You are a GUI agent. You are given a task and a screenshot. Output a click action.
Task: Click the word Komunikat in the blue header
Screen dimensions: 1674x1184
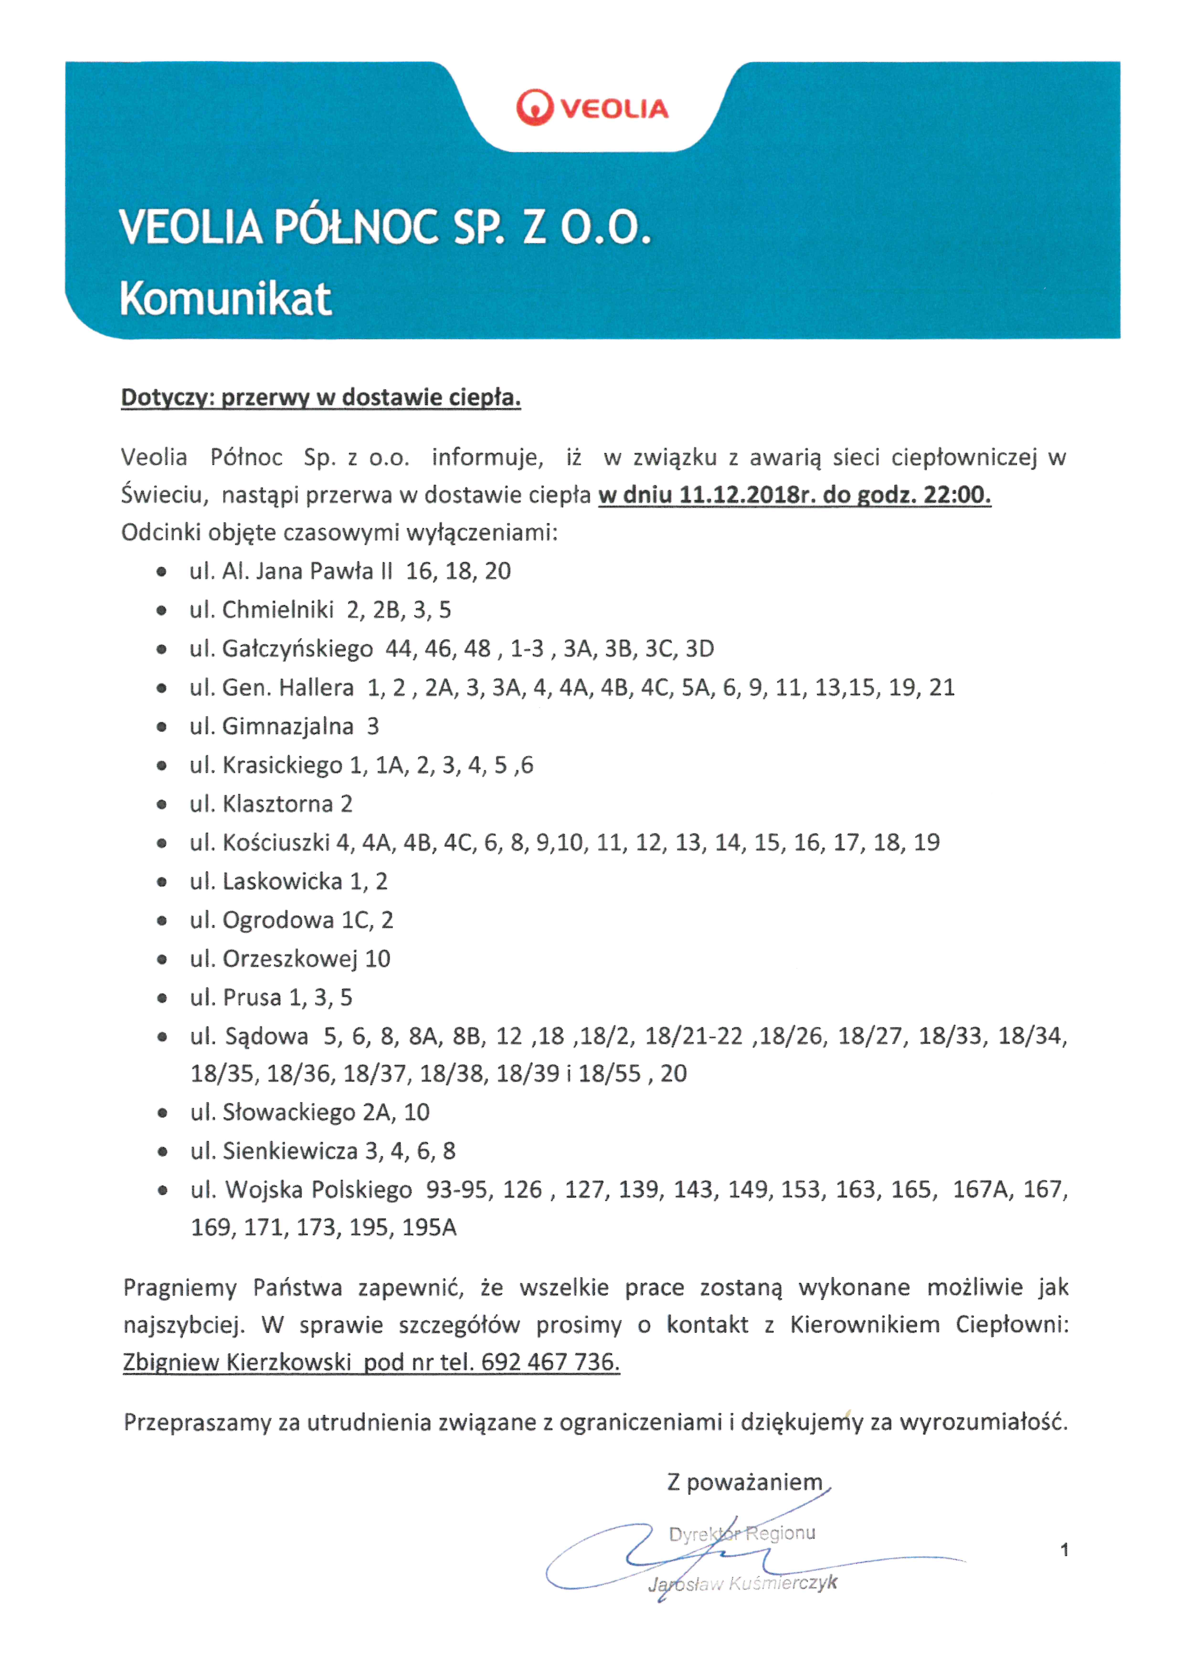[225, 299]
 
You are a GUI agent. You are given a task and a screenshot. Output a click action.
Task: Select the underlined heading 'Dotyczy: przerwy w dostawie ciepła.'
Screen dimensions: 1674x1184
[321, 398]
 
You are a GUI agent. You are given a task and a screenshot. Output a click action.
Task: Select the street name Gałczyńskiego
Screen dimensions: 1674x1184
[297, 649]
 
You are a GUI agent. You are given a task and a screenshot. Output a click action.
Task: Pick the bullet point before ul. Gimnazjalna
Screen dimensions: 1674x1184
[162, 727]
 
